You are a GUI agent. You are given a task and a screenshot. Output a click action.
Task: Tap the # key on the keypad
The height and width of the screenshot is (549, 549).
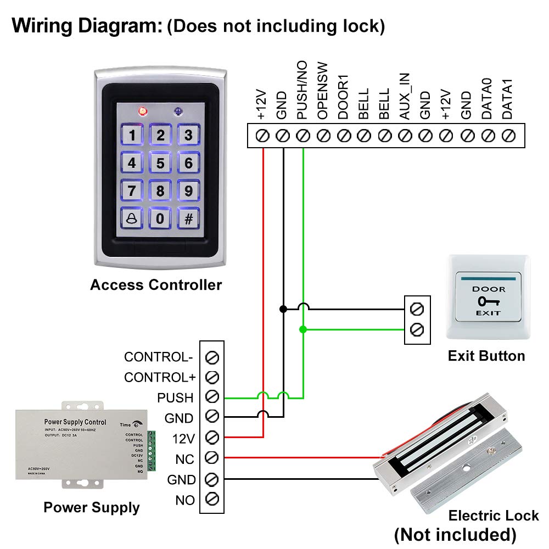tap(188, 218)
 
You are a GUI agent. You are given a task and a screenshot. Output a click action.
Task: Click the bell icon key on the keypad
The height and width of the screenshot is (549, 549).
tap(132, 218)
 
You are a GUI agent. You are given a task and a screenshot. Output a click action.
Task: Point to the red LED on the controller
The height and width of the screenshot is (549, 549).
tap(143, 111)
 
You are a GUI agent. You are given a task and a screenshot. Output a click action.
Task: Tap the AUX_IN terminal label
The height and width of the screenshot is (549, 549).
tap(405, 104)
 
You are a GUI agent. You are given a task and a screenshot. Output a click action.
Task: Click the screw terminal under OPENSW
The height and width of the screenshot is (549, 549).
tap(323, 135)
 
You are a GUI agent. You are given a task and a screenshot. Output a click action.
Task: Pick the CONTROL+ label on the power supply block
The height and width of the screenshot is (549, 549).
tap(160, 377)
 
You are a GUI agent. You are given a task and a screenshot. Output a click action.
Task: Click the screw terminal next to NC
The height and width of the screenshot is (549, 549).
tap(212, 458)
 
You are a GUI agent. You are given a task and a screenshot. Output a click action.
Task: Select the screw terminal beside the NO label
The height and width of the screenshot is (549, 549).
tap(212, 500)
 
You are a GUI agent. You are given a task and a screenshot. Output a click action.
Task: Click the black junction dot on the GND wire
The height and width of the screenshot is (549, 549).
tap(283, 309)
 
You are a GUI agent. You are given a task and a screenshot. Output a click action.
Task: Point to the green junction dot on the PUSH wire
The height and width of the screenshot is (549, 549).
tap(302, 329)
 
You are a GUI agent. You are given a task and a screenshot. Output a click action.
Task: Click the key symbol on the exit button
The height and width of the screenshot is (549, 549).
tap(486, 301)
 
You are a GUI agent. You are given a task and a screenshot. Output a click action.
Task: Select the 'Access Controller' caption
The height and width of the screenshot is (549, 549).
tap(156, 285)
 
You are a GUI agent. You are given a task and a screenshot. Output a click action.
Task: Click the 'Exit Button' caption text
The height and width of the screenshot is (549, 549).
tap(486, 356)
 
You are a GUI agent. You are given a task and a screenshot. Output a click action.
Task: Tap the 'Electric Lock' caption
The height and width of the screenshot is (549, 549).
tap(494, 516)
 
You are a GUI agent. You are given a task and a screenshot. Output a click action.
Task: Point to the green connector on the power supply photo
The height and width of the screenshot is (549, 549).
tap(153, 452)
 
